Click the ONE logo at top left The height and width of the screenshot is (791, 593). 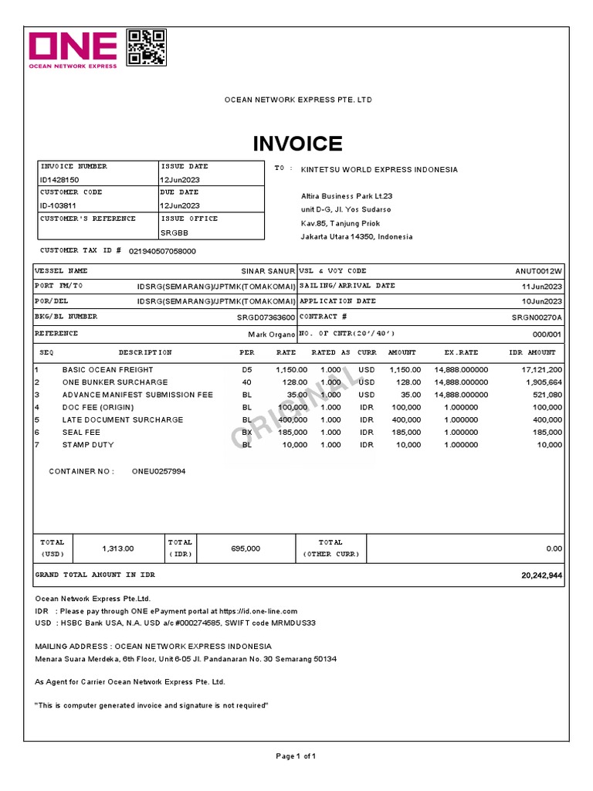click(73, 49)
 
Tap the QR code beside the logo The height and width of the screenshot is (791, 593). click(146, 47)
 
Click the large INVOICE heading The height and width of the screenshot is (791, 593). click(297, 144)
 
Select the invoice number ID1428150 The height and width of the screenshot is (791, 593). click(59, 179)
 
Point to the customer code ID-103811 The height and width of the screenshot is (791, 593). click(58, 205)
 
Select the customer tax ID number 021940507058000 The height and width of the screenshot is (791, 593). click(162, 251)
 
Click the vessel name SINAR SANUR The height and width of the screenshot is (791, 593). click(269, 271)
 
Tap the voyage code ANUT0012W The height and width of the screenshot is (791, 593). click(539, 271)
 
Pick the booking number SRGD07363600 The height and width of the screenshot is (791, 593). click(266, 317)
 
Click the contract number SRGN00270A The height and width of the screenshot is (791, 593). click(537, 317)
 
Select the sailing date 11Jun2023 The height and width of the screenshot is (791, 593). click(543, 286)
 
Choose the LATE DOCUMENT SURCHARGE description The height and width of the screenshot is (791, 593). click(123, 420)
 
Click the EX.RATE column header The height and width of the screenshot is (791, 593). click(461, 352)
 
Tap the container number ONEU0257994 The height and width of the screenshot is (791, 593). click(158, 470)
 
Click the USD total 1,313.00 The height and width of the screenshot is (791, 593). click(118, 548)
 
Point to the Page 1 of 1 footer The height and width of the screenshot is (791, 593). click(296, 755)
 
